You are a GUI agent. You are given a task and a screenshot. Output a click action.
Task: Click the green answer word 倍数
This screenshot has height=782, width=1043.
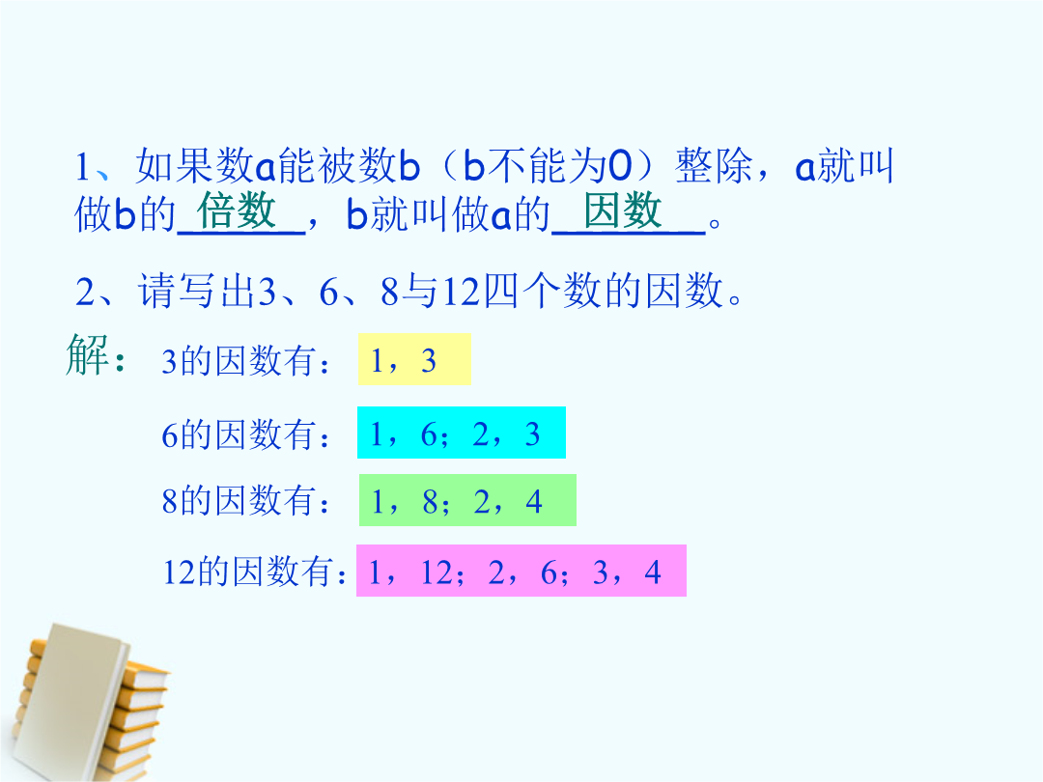[237, 210]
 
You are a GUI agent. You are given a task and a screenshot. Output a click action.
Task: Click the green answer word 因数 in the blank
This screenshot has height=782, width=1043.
[623, 210]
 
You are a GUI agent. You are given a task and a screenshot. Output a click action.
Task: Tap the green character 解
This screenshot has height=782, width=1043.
[87, 354]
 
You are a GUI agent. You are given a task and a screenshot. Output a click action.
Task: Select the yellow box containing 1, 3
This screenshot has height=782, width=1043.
[414, 359]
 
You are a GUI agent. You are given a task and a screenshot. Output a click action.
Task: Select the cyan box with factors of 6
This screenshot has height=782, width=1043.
[462, 433]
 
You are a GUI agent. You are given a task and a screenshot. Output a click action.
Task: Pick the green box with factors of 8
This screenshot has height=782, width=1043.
[467, 500]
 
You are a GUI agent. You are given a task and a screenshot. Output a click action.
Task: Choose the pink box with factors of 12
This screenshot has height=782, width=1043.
[521, 571]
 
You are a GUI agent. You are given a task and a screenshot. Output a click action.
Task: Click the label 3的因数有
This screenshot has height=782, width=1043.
[246, 361]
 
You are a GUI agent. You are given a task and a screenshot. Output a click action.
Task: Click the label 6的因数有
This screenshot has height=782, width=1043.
[246, 434]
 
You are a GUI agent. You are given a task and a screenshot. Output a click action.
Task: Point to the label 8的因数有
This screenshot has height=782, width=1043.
[246, 501]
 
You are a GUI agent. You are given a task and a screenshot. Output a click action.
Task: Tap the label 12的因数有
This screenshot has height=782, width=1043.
[255, 572]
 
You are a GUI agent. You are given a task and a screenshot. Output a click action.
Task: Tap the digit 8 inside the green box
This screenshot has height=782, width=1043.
[430, 502]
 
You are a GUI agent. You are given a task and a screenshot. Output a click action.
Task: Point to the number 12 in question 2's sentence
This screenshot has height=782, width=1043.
[461, 292]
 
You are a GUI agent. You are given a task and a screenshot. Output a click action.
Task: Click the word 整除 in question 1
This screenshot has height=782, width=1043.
[714, 166]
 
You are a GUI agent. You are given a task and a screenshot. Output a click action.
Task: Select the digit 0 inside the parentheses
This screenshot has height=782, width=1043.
[620, 166]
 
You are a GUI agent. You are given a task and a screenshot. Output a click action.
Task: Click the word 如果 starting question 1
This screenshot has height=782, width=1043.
[175, 166]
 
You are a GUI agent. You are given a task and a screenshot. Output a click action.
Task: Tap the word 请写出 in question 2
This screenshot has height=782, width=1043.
[198, 292]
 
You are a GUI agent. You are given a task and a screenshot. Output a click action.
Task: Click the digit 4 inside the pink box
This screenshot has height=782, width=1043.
[653, 572]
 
